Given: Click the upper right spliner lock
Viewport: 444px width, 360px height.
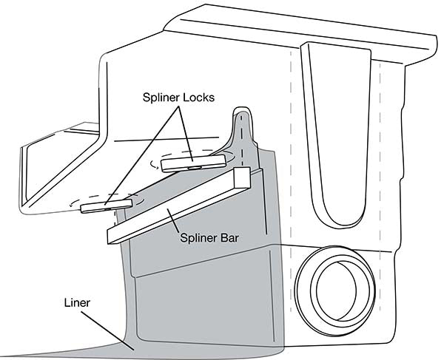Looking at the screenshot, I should pyautogui.click(x=194, y=162).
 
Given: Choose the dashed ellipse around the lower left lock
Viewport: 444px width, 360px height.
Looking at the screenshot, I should pyautogui.click(x=74, y=202).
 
